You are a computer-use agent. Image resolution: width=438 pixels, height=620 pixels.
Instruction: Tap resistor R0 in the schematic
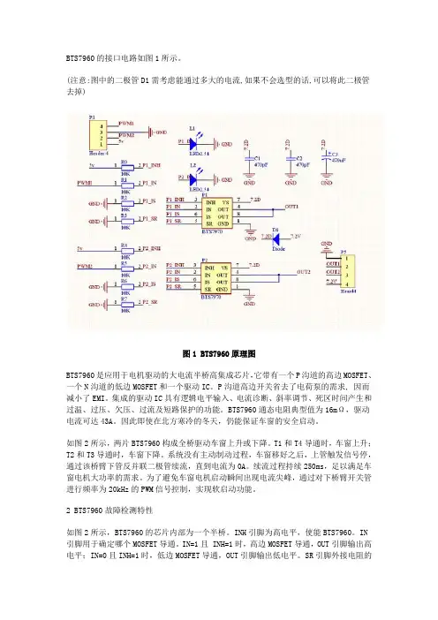point(125,166)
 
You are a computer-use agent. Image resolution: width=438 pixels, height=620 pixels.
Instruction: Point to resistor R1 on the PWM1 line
point(125,183)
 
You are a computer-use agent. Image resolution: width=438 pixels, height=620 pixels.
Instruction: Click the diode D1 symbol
point(275,236)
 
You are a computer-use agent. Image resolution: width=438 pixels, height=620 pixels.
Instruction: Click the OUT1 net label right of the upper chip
point(291,204)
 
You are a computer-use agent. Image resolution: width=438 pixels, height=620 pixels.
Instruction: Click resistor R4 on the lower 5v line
point(125,249)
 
